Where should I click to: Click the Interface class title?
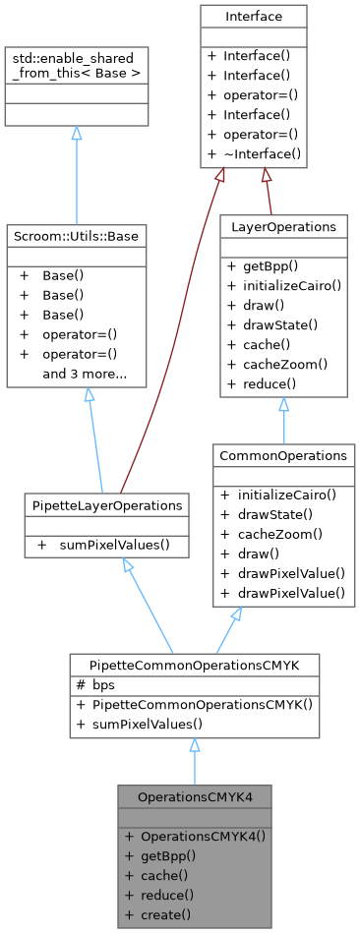pyautogui.click(x=253, y=17)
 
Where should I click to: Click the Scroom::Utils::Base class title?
pyautogui.click(x=76, y=236)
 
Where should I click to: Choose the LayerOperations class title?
pyautogui.click(x=283, y=226)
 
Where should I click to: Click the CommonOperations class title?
pyautogui.click(x=283, y=455)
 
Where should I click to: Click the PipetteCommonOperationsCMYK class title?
pyautogui.click(x=194, y=665)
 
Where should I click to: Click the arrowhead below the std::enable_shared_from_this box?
pyautogui.click(x=77, y=133)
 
